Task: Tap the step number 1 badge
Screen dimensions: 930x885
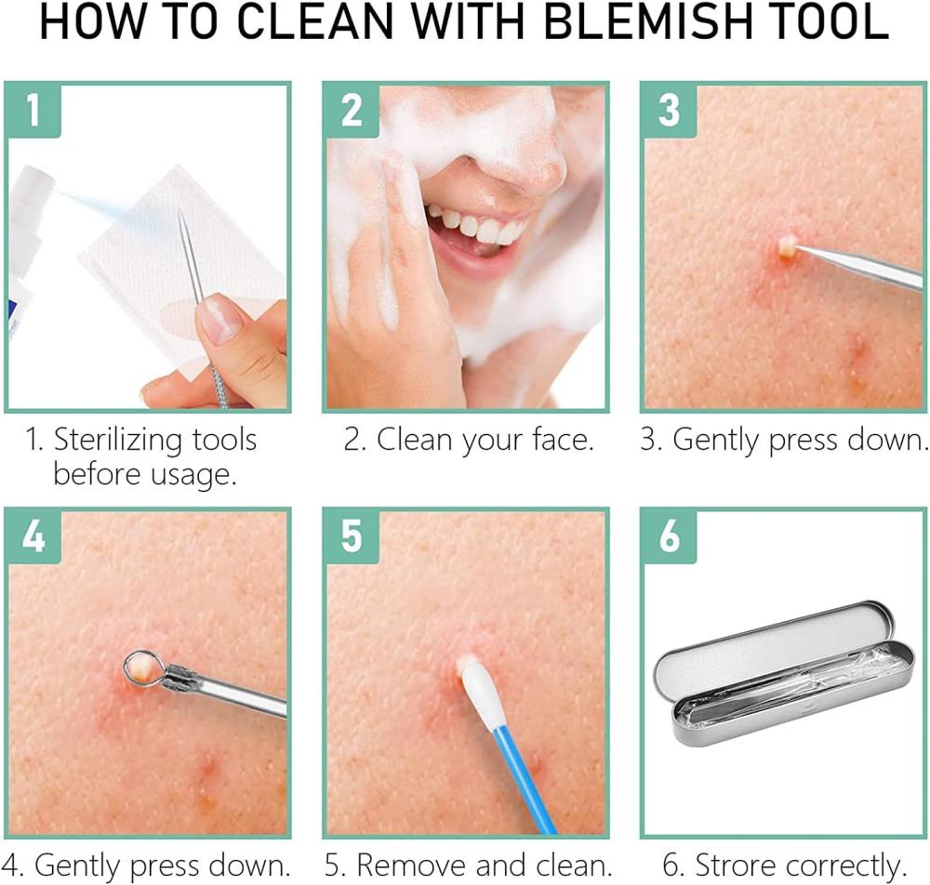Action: tap(33, 110)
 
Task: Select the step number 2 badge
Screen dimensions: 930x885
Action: tap(352, 110)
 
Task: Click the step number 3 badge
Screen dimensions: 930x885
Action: tap(669, 110)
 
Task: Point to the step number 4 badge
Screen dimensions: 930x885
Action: tap(33, 535)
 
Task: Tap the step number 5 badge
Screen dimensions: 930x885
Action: tap(352, 535)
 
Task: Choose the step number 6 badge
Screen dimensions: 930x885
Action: tap(669, 535)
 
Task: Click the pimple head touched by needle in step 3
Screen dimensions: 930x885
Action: tap(787, 245)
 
